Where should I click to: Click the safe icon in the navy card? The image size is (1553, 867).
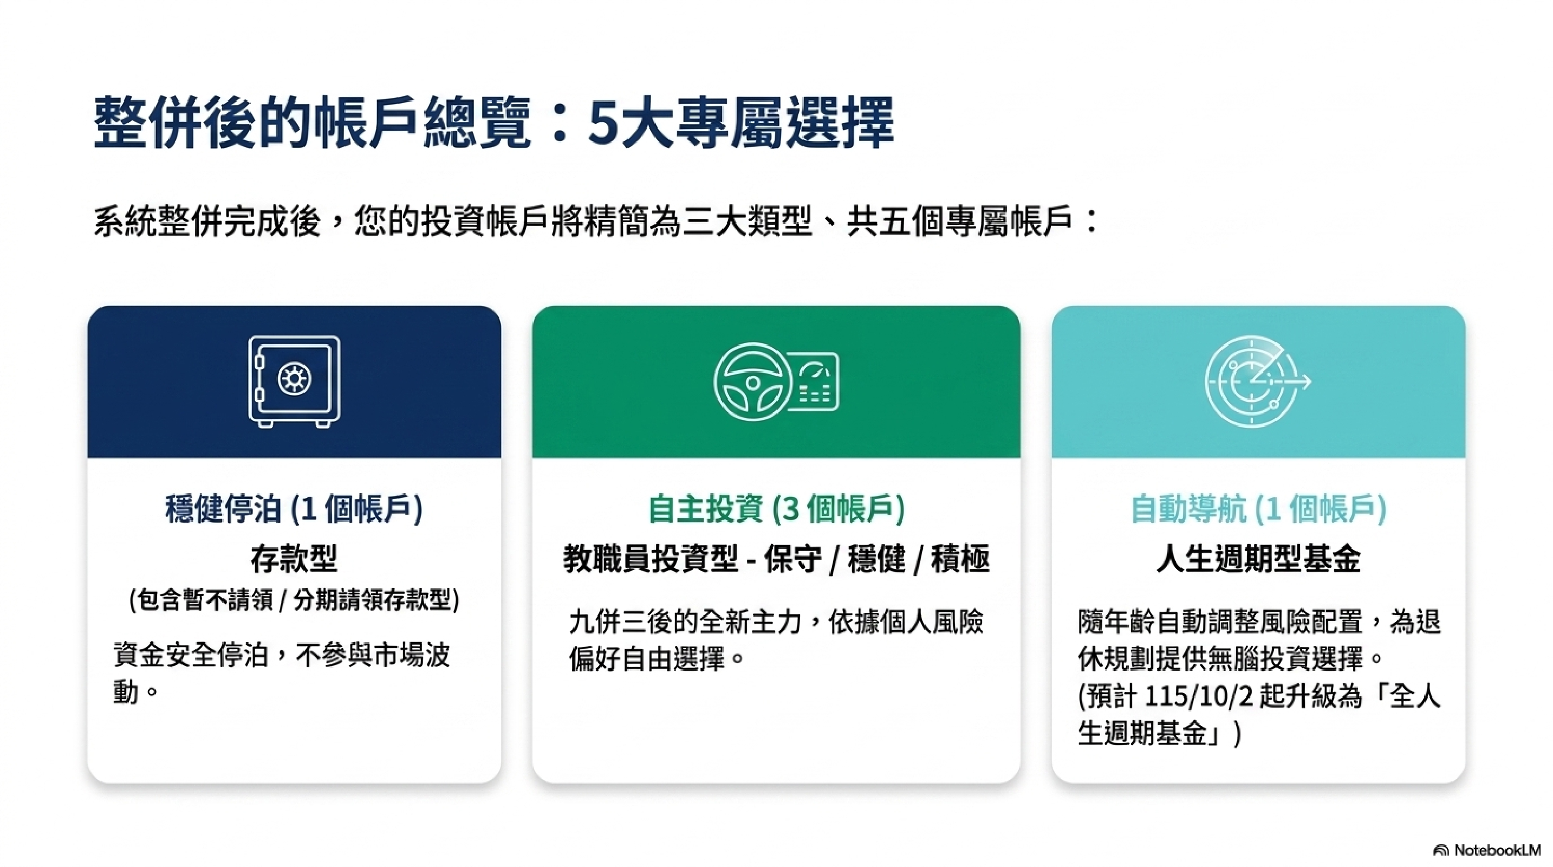coord(294,381)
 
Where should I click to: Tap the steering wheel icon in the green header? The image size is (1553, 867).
coord(752,381)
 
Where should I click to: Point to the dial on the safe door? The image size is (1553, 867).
coord(294,379)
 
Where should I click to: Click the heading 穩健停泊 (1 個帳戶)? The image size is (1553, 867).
coord(294,508)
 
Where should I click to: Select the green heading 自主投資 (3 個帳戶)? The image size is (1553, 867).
coord(777,508)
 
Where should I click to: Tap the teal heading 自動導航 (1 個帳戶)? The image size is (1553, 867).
coord(1259,508)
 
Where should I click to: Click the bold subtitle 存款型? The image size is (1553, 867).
coord(294,558)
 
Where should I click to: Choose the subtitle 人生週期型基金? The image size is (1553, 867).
coord(1259,558)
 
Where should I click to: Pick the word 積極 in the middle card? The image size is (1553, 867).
coord(960,558)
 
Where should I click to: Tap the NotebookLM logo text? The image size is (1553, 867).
coord(1496,850)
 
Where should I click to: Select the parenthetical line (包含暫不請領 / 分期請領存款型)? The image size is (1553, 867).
coord(294,599)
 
